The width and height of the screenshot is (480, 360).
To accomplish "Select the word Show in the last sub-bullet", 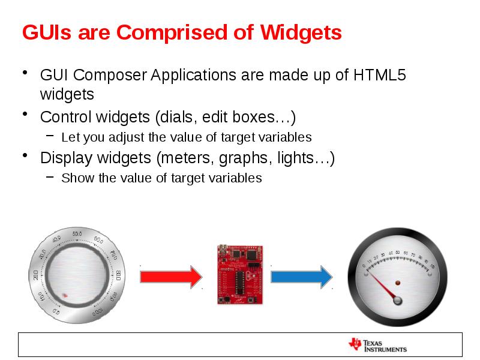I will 74,178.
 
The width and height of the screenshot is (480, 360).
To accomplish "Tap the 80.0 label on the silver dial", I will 119,275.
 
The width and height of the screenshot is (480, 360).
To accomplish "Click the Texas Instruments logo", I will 377,345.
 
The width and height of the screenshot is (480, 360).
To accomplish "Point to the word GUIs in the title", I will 44,32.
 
